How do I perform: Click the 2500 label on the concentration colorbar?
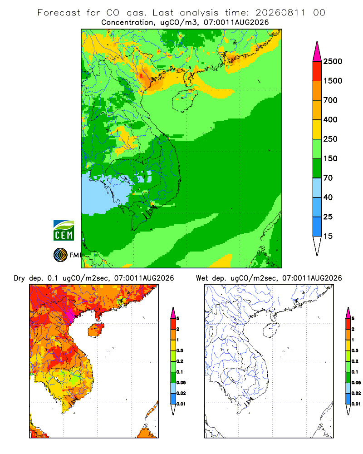click(x=333, y=61)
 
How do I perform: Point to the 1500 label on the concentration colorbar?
click(x=333, y=81)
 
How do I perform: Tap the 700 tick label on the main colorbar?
click(x=330, y=100)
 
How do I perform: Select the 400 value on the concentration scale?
click(x=330, y=119)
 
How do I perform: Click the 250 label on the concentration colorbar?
click(x=330, y=139)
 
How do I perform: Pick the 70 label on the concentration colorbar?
click(x=328, y=178)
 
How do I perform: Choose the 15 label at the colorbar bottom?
click(x=328, y=236)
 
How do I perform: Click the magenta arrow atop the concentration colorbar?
click(x=317, y=52)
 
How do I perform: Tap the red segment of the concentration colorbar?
click(x=317, y=71)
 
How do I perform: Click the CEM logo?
click(x=64, y=231)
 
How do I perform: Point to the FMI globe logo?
click(x=60, y=255)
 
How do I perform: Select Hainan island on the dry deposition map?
click(x=96, y=330)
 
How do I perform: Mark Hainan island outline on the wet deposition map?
click(x=271, y=330)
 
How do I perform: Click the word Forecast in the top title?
click(x=59, y=13)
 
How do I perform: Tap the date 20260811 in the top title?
click(x=280, y=13)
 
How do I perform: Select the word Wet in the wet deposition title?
click(x=202, y=278)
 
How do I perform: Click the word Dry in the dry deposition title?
click(x=20, y=279)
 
